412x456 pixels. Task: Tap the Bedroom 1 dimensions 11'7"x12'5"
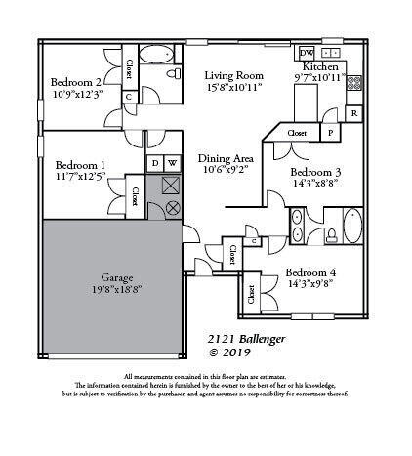click(x=79, y=177)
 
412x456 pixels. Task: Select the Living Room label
click(x=233, y=75)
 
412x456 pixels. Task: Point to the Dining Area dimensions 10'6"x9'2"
click(x=226, y=169)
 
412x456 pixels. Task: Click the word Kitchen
click(x=320, y=66)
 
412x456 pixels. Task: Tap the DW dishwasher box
click(x=307, y=53)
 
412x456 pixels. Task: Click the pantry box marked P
click(x=330, y=133)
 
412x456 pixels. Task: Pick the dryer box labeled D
click(x=154, y=163)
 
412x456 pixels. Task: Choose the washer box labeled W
click(x=173, y=163)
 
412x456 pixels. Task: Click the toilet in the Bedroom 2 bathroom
click(x=174, y=74)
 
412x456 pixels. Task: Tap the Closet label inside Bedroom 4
click(x=252, y=293)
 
